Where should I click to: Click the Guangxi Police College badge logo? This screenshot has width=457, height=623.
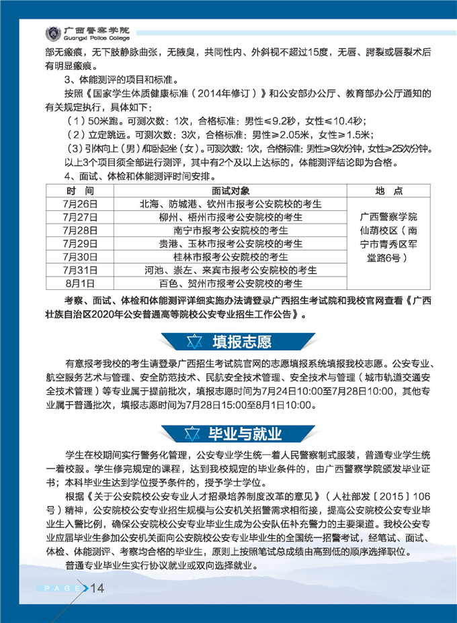pyautogui.click(x=52, y=33)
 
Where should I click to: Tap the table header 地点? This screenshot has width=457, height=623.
pyautogui.click(x=389, y=191)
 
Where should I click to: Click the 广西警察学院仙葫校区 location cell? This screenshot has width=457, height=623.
pyautogui.click(x=389, y=237)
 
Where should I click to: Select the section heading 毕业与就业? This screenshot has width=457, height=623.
pyautogui.click(x=245, y=432)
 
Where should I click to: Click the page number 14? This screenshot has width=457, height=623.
pyautogui.click(x=97, y=589)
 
